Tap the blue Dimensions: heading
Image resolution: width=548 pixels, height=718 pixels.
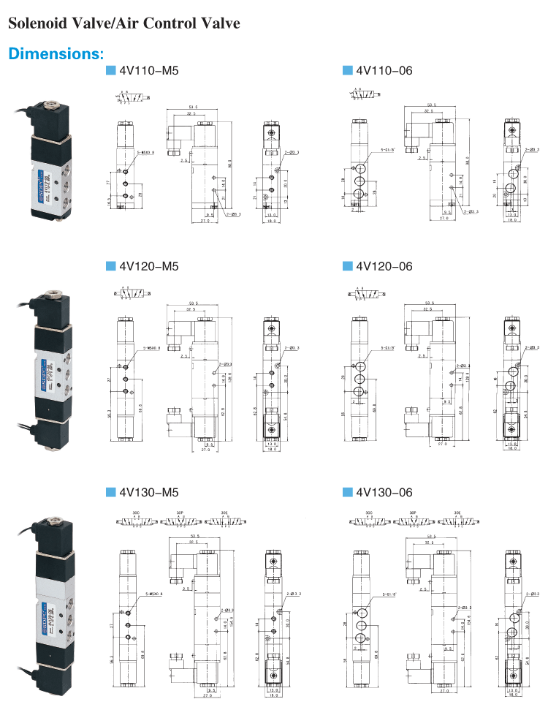pos(56,54)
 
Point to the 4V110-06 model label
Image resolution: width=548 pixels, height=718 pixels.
pos(384,71)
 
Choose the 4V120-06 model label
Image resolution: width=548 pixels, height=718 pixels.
pos(384,266)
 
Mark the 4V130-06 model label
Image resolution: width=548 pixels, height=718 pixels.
pos(384,493)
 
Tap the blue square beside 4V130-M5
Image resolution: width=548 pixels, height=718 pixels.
pos(111,493)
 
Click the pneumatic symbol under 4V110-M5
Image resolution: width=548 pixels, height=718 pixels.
pos(134,97)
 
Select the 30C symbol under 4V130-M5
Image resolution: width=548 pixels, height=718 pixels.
pos(136,522)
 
